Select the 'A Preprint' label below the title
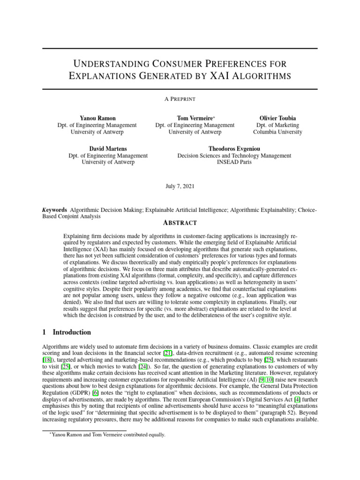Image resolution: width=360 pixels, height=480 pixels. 180,99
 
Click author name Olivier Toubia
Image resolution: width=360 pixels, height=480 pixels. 277,118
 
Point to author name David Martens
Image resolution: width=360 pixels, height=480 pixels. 108,148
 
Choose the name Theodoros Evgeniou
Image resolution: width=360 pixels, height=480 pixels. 234,148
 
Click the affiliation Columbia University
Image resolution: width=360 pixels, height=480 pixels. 277,132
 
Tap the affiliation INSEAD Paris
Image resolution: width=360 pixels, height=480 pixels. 234,163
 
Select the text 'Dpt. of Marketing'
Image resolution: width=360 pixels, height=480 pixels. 277,125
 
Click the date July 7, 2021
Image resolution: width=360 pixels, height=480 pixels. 180,186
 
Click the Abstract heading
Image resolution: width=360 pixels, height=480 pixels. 180,223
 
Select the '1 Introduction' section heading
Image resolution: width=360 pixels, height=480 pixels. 67,332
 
